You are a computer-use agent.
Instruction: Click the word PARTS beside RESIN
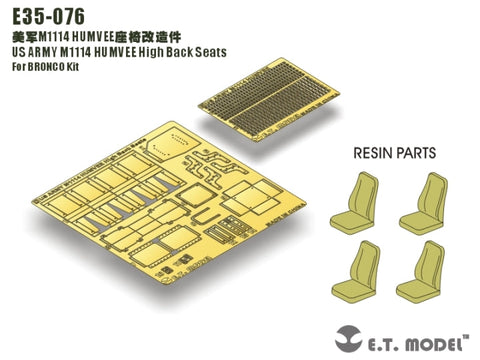coord(422,153)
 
